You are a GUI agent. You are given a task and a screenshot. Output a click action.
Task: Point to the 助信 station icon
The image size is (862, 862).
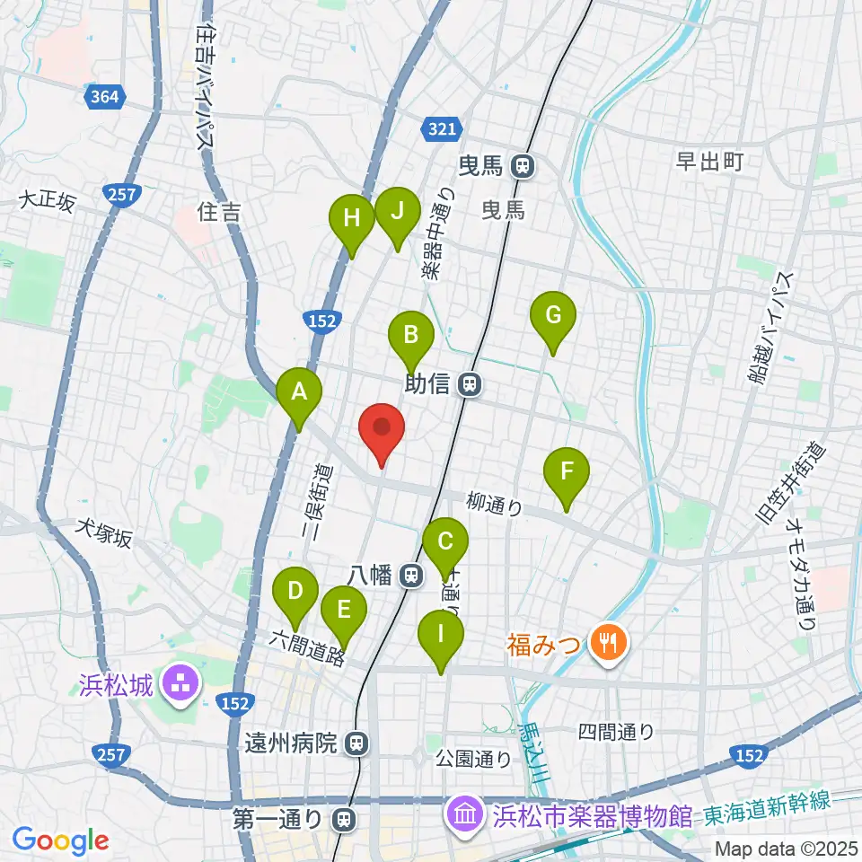tap(468, 385)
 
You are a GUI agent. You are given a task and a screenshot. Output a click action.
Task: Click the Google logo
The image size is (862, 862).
tap(60, 840)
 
